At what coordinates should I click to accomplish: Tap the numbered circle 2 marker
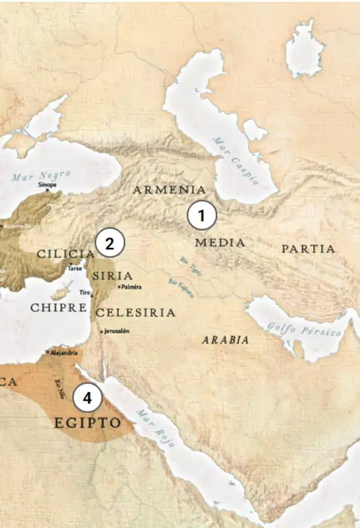[x=110, y=243]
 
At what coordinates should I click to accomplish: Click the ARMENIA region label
[x=170, y=190]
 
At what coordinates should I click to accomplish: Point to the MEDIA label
[x=220, y=243]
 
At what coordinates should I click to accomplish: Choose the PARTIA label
[x=308, y=249]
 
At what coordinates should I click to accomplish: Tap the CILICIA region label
[x=65, y=253]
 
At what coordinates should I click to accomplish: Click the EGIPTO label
[x=88, y=423]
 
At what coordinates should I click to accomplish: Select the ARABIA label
[x=225, y=340]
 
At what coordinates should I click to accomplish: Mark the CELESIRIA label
[x=135, y=313]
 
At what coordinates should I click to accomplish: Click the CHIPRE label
[x=59, y=307]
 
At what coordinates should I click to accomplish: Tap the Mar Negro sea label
[x=41, y=175]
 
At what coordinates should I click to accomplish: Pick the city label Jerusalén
[x=117, y=331]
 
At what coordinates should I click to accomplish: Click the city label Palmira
[x=131, y=287]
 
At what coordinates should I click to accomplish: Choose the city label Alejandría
[x=63, y=352]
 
